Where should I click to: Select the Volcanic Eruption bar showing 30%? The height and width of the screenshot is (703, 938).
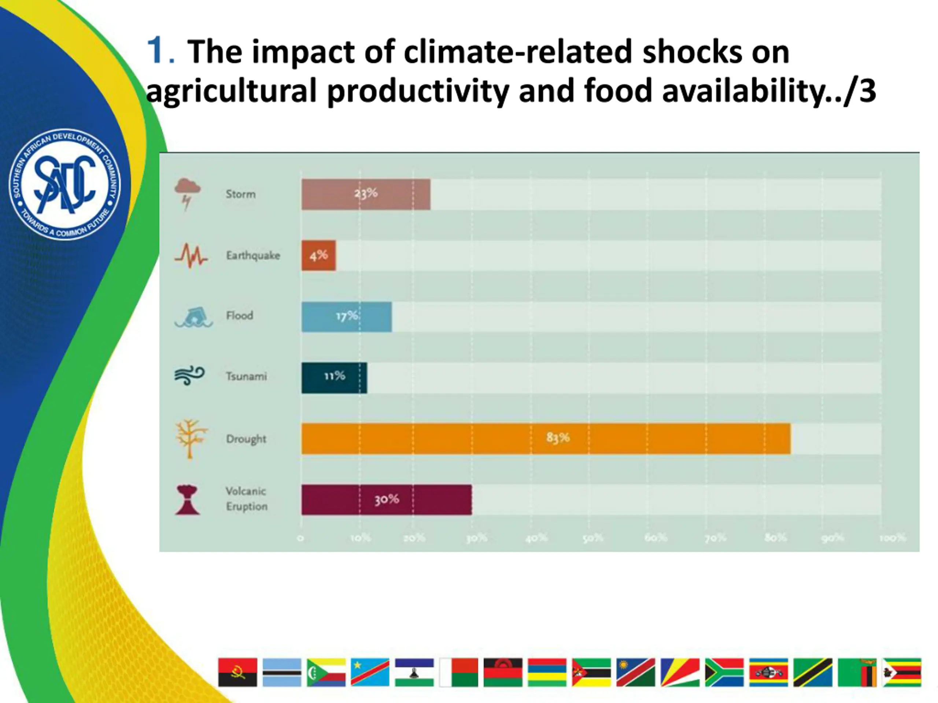click(386, 499)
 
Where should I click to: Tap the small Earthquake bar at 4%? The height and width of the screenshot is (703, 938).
click(318, 256)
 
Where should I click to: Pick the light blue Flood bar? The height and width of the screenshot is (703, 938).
click(347, 317)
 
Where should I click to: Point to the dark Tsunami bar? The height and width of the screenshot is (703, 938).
click(334, 377)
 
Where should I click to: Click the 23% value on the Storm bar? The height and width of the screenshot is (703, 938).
click(366, 194)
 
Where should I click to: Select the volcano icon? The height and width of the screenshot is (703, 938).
click(187, 500)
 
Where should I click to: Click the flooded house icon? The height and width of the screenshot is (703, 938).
click(194, 317)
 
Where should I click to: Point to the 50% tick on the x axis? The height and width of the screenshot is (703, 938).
click(592, 538)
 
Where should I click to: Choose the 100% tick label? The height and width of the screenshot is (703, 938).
click(892, 538)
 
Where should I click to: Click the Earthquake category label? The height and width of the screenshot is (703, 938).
click(253, 256)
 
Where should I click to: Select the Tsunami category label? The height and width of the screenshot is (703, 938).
click(246, 376)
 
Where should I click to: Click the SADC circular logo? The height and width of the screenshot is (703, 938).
click(64, 184)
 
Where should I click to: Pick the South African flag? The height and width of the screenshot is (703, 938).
click(724, 672)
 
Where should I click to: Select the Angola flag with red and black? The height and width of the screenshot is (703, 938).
click(237, 672)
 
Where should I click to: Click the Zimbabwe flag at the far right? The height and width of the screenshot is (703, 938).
click(901, 672)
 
